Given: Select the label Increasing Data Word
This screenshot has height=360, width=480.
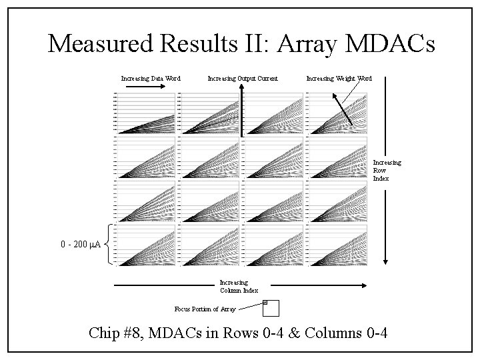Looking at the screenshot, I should pos(151,79).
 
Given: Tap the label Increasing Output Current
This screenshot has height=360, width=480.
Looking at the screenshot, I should pos(242,79).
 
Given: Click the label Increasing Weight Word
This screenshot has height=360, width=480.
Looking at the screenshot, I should pos(339,79).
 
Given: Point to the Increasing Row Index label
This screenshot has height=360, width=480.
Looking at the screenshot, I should pos(387,171).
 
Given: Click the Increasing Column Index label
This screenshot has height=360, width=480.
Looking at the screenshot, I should pos(239,286).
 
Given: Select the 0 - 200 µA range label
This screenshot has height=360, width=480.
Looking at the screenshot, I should pos(80,245).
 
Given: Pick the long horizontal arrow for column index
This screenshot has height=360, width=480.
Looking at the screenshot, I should pos(240,285).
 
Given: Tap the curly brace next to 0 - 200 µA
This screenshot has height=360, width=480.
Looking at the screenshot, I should pos(109,245).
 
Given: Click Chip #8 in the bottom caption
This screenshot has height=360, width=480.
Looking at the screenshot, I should pos(123,333).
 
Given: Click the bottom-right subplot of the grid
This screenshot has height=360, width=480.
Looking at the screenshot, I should pos(337,245).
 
